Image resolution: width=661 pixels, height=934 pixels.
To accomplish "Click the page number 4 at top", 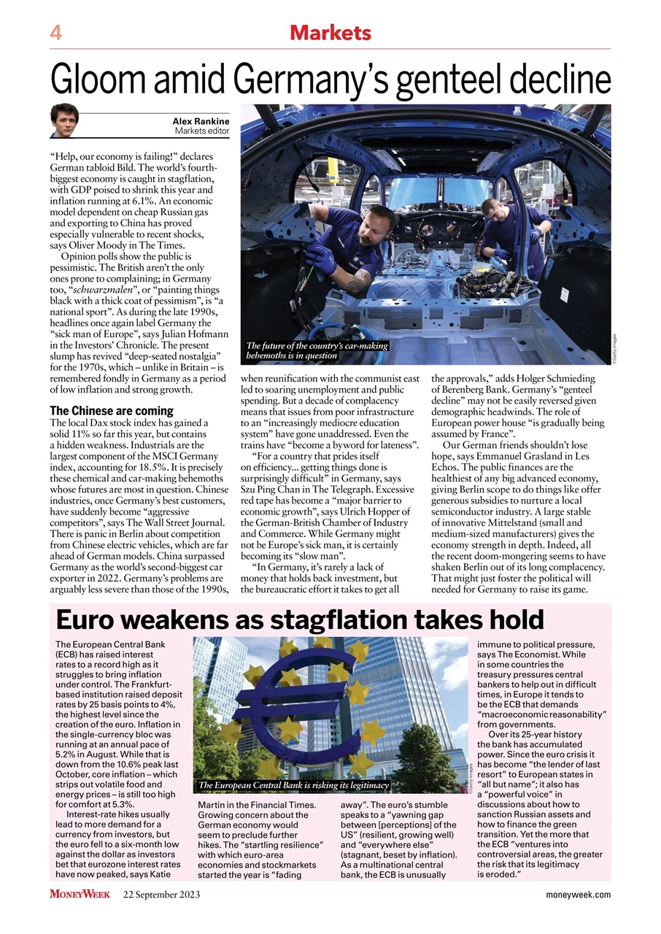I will pyautogui.click(x=55, y=33).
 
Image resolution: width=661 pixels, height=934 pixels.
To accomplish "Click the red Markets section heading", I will pyautogui.click(x=330, y=33).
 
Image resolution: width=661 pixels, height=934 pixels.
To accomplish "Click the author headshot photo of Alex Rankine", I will pyautogui.click(x=64, y=120).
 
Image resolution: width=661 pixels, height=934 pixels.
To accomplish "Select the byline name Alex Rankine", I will pyautogui.click(x=201, y=121).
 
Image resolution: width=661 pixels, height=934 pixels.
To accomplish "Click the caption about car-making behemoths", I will pyautogui.click(x=317, y=350).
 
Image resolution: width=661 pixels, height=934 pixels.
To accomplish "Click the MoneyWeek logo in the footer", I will pyautogui.click(x=80, y=895).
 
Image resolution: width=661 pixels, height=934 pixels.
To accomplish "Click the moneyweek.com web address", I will pyautogui.click(x=578, y=895).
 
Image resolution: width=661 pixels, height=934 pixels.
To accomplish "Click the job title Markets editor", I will pyautogui.click(x=202, y=131).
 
